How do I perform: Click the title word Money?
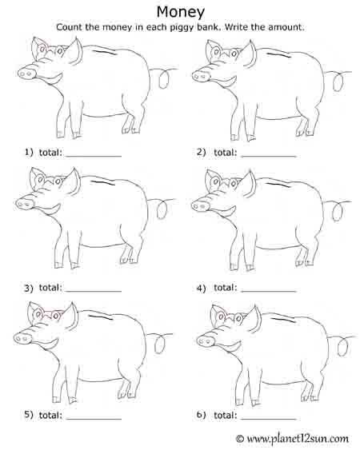(x=181, y=13)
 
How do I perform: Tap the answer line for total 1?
(x=94, y=157)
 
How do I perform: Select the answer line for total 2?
(x=269, y=157)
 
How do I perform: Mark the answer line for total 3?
(x=94, y=291)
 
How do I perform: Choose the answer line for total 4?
(x=269, y=291)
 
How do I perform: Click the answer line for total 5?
(x=94, y=419)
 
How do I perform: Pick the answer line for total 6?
(x=269, y=419)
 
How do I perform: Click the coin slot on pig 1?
(x=104, y=52)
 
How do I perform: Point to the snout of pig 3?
(x=25, y=204)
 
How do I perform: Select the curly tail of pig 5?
(x=160, y=343)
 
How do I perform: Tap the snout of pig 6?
(x=206, y=341)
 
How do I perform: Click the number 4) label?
(x=202, y=288)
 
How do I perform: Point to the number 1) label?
(x=29, y=152)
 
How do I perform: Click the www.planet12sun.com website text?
(x=298, y=439)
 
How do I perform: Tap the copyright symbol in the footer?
(x=240, y=439)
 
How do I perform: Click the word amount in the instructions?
(x=286, y=27)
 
